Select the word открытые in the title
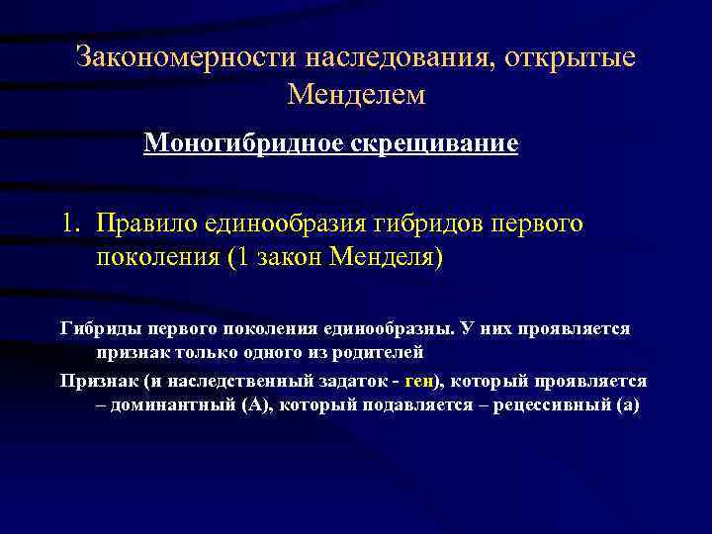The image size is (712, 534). point(570,57)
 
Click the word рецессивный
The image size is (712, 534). point(557,404)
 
